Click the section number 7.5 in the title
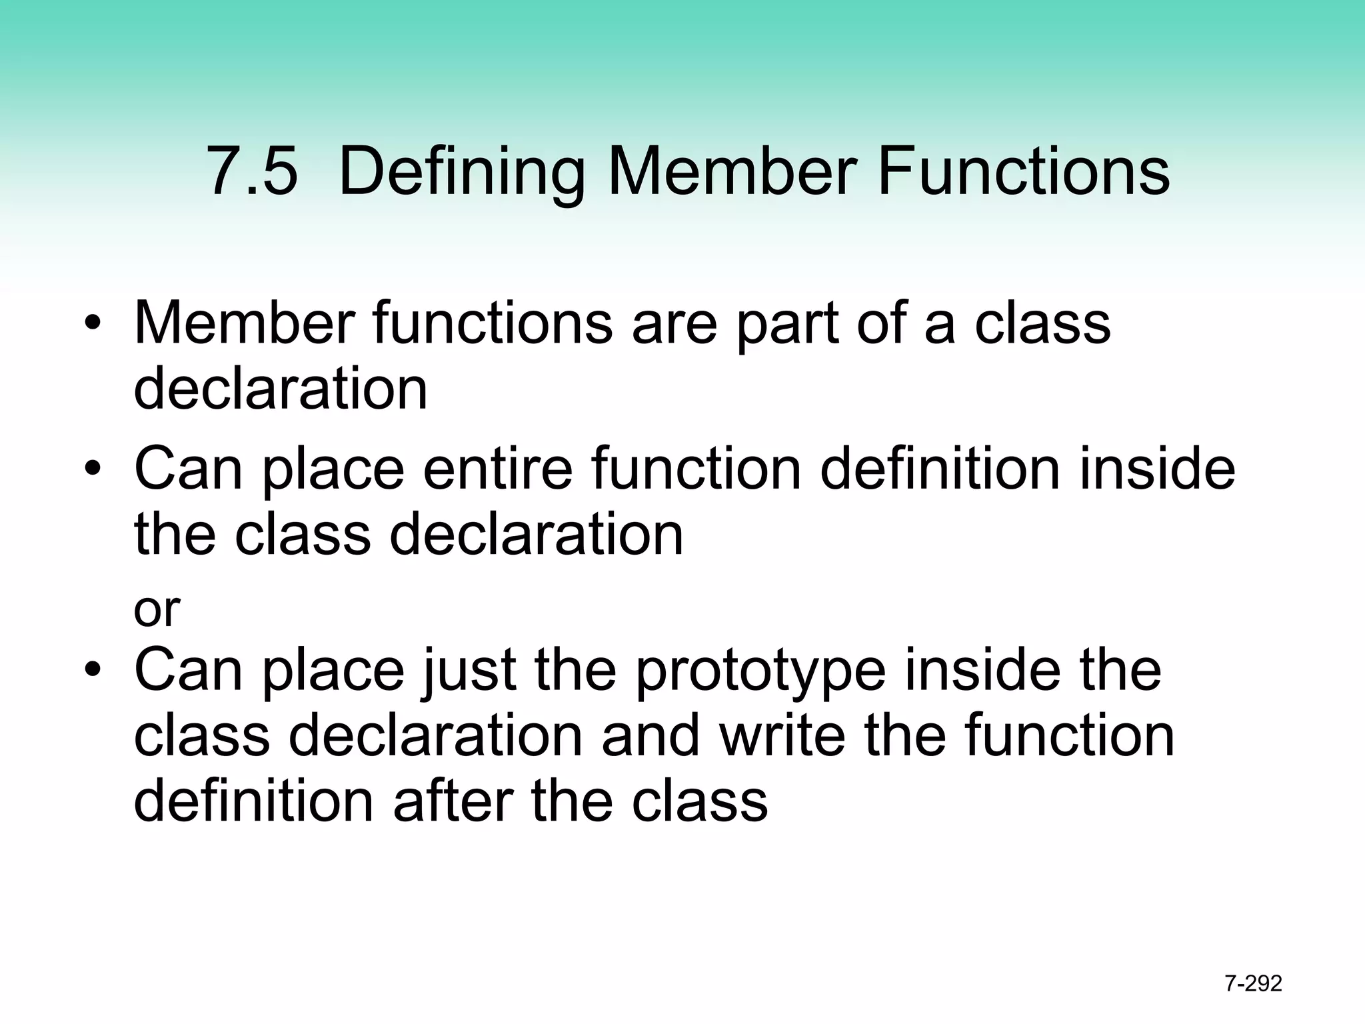pyautogui.click(x=252, y=171)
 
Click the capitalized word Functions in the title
pyautogui.click(x=1024, y=171)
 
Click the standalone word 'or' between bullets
pyautogui.click(x=157, y=609)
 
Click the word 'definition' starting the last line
pyautogui.click(x=254, y=801)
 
